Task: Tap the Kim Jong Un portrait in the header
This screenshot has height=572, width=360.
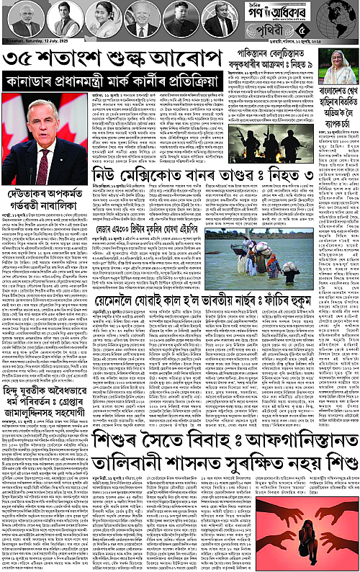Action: click(181, 19)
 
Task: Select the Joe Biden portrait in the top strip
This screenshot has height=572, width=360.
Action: click(141, 19)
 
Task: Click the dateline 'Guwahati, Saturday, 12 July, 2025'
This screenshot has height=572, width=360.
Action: click(32, 43)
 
